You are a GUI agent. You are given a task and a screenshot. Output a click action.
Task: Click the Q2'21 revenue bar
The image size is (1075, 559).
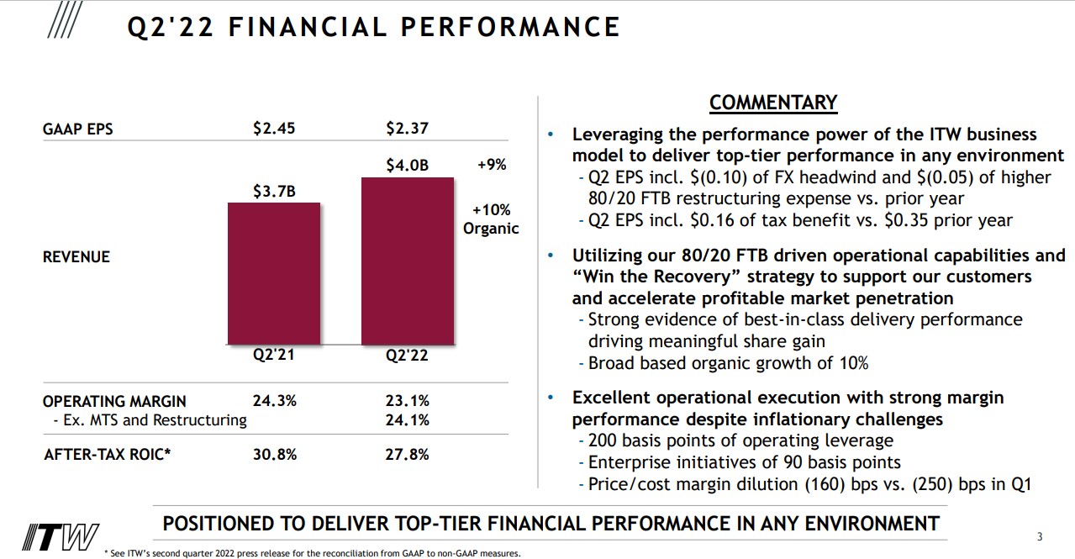[274, 273]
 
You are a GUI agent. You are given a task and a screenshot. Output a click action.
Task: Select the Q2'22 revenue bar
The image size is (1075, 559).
[408, 261]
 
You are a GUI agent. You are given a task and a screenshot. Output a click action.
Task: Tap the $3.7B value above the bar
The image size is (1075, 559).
[274, 192]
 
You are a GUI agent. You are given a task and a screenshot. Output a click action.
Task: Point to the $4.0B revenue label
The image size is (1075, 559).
[408, 166]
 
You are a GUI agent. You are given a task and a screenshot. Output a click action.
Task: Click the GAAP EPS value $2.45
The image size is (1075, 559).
[274, 129]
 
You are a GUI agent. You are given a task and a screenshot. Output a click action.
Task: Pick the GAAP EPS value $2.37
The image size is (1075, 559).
[408, 129]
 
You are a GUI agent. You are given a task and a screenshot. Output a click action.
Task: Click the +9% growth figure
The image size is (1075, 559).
[492, 165]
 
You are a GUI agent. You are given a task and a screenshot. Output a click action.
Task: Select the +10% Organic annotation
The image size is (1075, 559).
[491, 219]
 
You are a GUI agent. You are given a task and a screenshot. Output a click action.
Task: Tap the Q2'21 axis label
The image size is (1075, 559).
[274, 355]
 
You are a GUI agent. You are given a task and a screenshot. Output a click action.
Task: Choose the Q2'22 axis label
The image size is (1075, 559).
[408, 356]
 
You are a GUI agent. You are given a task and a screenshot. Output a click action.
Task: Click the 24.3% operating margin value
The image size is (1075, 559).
[274, 401]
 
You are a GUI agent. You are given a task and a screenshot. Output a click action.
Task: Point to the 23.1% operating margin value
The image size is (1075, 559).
[408, 401]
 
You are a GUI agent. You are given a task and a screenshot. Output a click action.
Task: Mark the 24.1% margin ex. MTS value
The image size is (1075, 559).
[408, 419]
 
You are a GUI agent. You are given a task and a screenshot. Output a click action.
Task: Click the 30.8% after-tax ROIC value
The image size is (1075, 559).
[274, 455]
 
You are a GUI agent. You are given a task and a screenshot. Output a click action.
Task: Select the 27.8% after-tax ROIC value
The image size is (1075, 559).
[408, 455]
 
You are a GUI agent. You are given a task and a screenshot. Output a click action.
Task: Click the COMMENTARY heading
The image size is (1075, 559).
[773, 103]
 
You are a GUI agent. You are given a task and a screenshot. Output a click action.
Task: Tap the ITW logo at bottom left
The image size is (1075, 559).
[61, 536]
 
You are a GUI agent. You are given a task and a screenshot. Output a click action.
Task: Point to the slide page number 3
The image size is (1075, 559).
[1040, 537]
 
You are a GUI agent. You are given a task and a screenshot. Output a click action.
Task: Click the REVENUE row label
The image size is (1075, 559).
[76, 257]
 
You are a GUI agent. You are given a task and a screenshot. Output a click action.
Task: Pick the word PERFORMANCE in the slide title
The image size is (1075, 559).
[510, 28]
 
